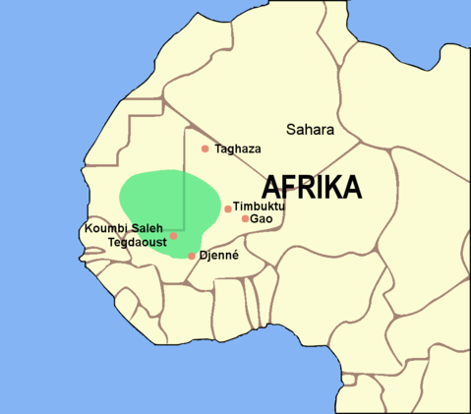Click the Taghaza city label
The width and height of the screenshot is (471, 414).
coord(238,148)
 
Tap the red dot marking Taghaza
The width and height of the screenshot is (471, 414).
coord(205,148)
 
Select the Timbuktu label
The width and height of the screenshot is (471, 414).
coord(259,207)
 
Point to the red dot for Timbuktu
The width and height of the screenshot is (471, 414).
coord(228,208)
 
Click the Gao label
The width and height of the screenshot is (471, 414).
coord(261,218)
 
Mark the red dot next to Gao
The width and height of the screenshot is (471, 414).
coord(245,218)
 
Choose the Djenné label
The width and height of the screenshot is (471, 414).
coord(219,255)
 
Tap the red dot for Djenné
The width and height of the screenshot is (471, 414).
coord(192,256)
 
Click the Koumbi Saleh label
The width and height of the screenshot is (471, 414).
coord(123,228)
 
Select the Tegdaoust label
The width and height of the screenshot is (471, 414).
coord(138,241)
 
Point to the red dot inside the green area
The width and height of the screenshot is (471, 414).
coord(173,236)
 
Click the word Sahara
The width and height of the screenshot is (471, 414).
coord(311,130)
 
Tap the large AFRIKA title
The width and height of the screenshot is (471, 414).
coord(312,187)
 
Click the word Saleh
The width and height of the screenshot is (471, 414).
coord(146,228)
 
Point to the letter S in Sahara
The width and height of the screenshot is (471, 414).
coord(291,130)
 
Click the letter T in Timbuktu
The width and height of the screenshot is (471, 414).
coord(237,207)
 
